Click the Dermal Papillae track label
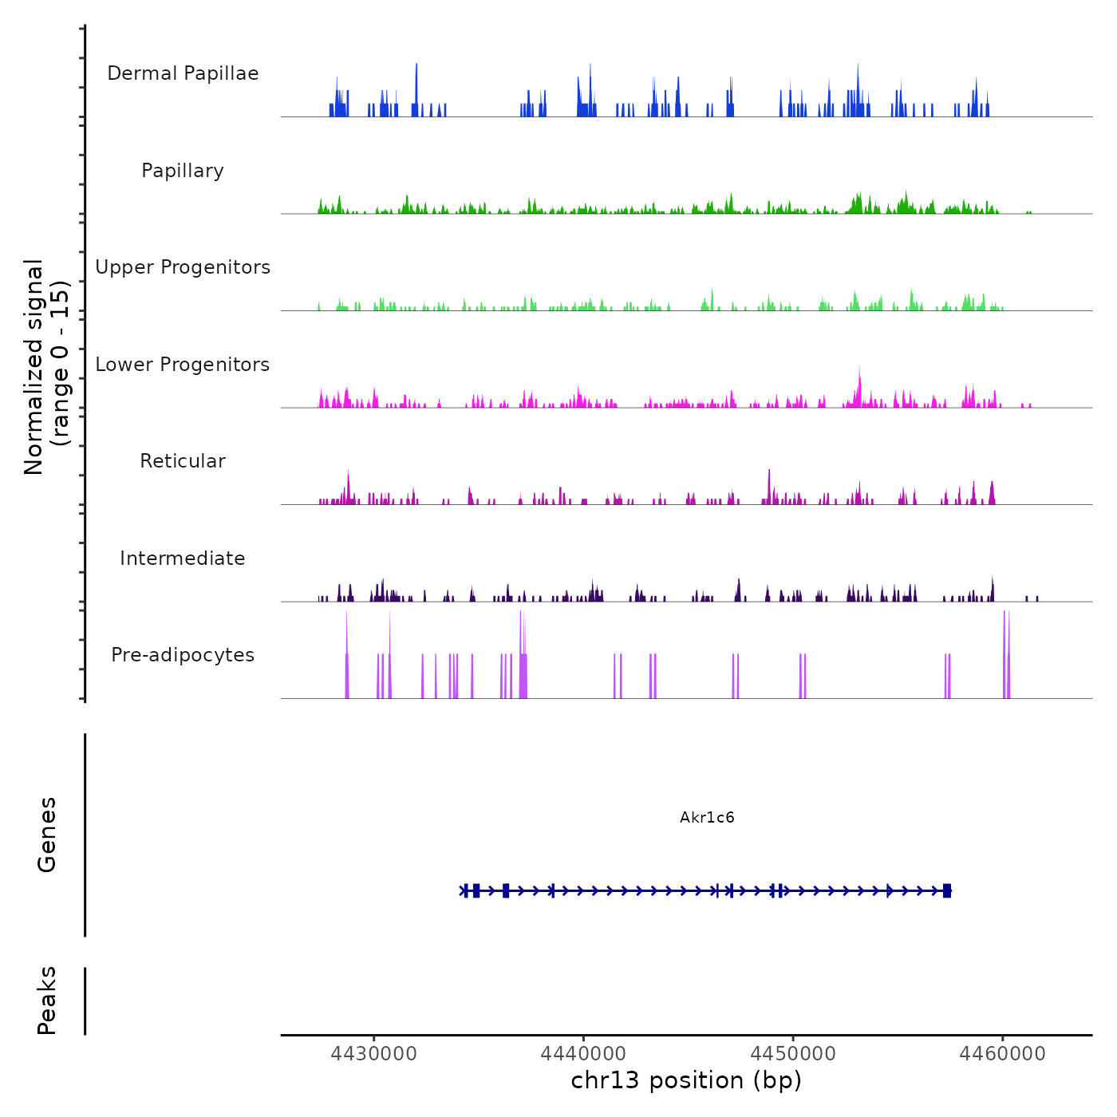(x=183, y=73)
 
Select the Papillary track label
(x=183, y=171)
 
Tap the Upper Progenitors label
(x=183, y=267)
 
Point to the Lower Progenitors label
(x=183, y=365)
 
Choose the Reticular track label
(x=183, y=461)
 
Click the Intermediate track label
(x=183, y=558)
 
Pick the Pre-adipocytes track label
(x=183, y=655)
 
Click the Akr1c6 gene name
(x=707, y=817)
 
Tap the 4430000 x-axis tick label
(x=373, y=1053)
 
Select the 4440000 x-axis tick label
(x=583, y=1053)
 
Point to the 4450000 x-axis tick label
(x=793, y=1053)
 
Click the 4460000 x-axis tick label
(x=1003, y=1053)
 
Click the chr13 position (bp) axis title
(x=686, y=1080)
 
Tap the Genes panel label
(x=47, y=835)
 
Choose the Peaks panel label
(x=47, y=1001)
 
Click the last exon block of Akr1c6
(x=947, y=890)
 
